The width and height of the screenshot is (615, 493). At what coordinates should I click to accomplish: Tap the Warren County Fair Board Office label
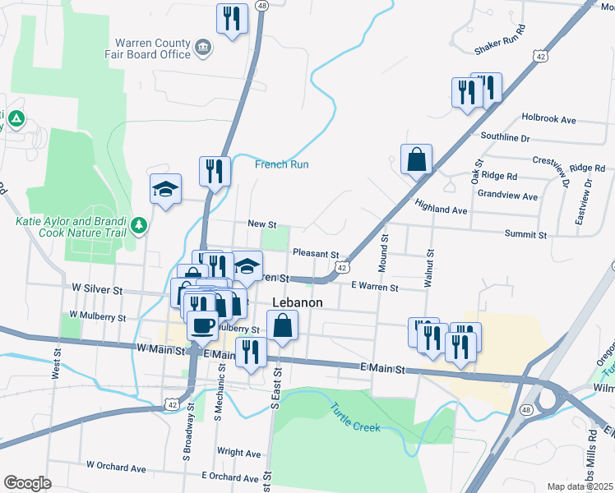point(152,48)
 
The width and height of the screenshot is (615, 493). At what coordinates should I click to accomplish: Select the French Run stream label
point(281,164)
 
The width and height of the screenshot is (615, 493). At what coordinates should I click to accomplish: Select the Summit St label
point(525,235)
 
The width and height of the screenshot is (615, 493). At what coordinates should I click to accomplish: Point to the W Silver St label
point(97,290)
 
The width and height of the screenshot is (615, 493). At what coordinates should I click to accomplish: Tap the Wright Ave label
point(238,452)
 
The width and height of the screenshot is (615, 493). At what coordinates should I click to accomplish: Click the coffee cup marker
point(202,324)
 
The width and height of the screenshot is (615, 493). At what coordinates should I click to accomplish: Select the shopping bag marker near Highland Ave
point(417,159)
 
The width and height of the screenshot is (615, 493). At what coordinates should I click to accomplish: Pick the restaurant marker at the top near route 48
point(232,18)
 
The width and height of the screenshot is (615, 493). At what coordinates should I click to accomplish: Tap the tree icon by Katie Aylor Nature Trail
point(139,224)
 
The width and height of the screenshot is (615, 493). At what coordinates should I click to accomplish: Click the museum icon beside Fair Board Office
point(203,48)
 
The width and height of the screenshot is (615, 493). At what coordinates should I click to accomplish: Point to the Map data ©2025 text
point(578,486)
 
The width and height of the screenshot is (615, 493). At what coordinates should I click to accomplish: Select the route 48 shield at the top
point(262,5)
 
